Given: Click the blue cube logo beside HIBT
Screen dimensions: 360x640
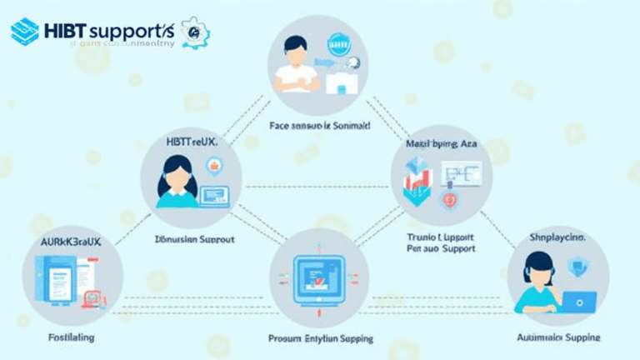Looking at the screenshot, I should [x=25, y=32].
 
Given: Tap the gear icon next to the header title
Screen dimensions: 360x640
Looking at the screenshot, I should [x=195, y=32].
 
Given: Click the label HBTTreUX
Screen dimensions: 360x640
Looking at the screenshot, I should [x=191, y=142].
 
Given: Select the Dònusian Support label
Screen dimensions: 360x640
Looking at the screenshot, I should [x=194, y=239].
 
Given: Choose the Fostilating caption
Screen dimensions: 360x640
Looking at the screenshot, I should [x=71, y=337].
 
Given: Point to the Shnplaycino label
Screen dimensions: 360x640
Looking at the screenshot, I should [x=557, y=237].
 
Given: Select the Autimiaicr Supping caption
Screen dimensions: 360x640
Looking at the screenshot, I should [x=558, y=337].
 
